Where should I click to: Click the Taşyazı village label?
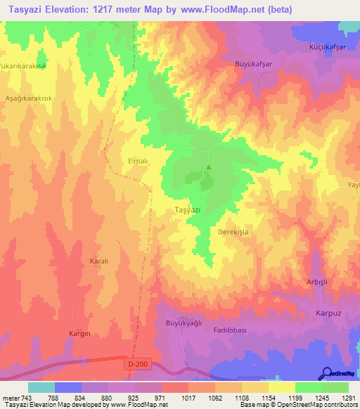click(x=188, y=210)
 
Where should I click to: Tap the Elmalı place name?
click(x=116, y=161)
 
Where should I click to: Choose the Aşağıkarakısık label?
click(x=29, y=98)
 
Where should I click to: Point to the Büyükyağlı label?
click(x=184, y=323)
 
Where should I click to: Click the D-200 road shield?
click(x=136, y=363)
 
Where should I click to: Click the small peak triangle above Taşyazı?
click(x=208, y=167)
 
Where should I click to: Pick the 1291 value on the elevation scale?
click(x=349, y=398)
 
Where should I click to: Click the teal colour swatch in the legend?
click(x=41, y=387)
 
